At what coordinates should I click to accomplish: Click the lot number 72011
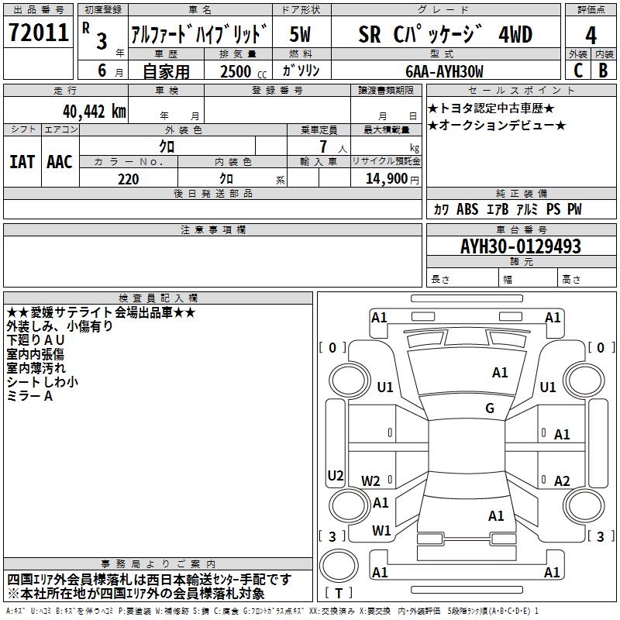38,33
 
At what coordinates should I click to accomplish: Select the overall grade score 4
591,36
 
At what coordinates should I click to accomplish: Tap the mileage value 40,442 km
95,112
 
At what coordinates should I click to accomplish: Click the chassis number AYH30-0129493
520,246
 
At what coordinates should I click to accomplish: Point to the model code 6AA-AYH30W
444,71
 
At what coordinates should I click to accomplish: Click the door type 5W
300,34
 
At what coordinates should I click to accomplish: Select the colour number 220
129,179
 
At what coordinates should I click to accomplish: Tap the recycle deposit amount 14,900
386,178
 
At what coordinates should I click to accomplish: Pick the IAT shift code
22,162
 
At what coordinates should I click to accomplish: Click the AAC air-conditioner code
60,162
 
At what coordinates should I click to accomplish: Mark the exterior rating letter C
578,71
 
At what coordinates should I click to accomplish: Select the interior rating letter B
603,71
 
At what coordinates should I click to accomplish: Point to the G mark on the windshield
490,408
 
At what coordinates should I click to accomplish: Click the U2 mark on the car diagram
336,475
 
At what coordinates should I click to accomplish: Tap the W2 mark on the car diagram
370,480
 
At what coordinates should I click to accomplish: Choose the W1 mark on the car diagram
381,530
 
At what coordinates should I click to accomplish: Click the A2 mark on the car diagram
562,480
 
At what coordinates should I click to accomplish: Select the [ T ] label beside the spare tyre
339,593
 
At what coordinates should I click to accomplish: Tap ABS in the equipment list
467,208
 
